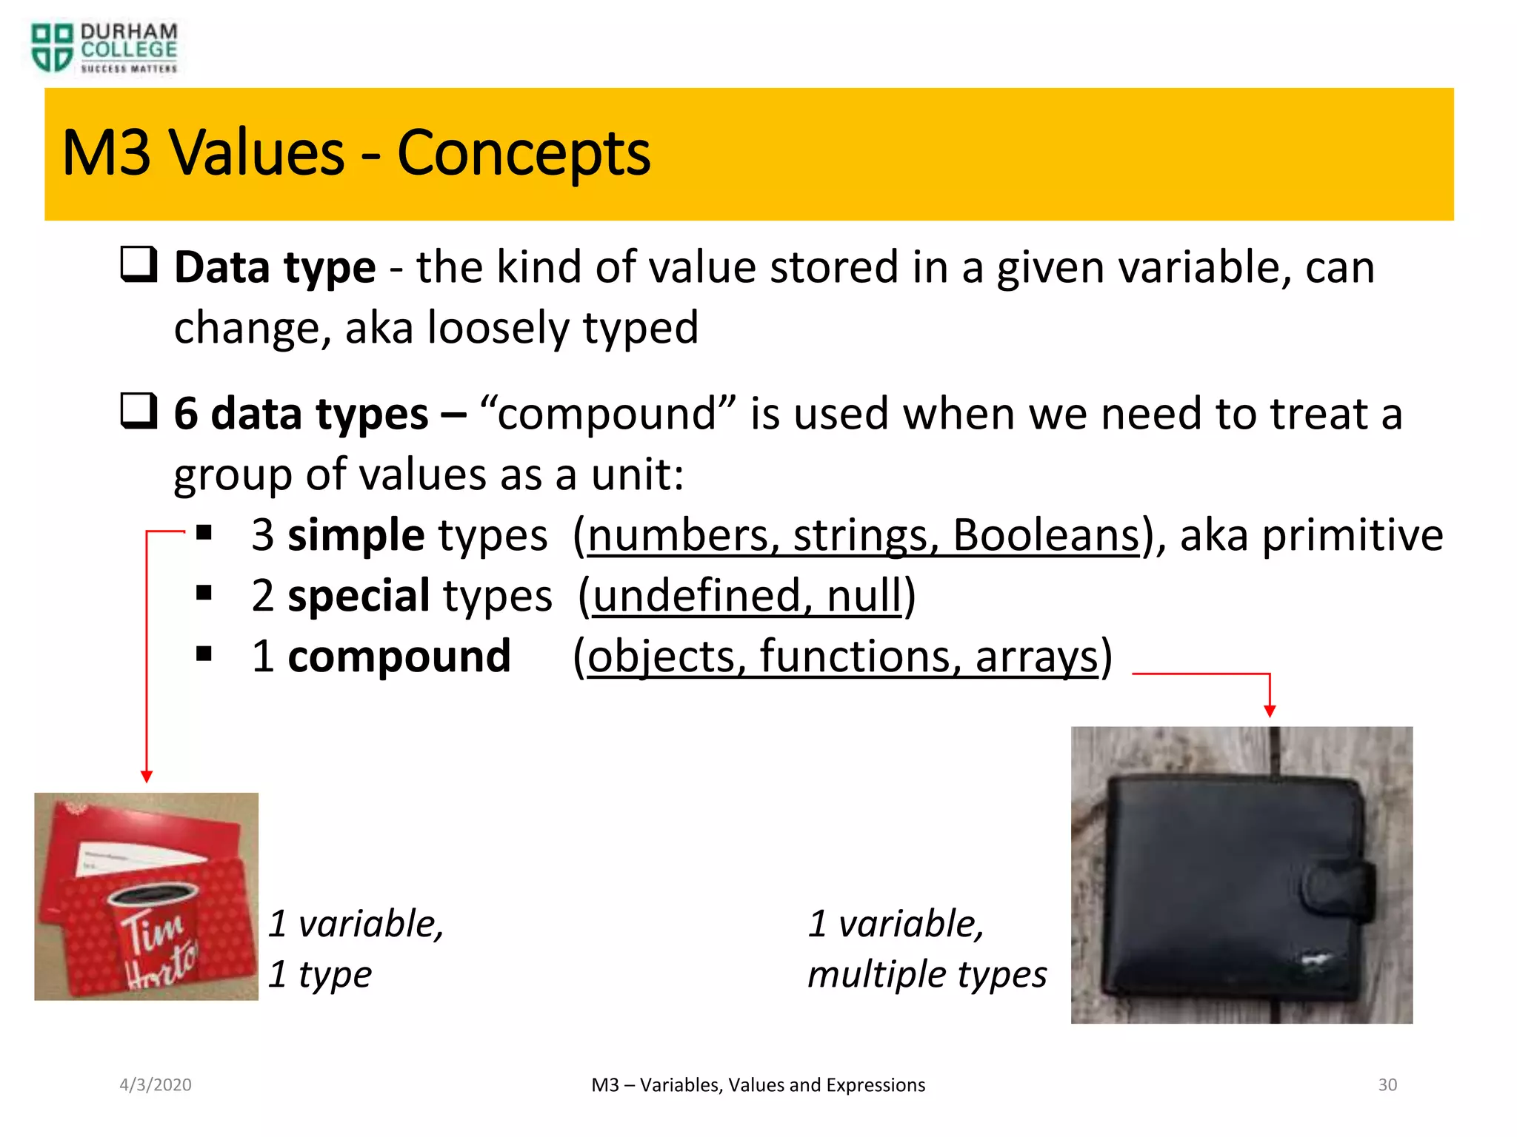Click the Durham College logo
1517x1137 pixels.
pos(104,48)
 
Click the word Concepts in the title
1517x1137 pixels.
pos(523,153)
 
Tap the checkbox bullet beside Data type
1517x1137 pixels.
pos(139,264)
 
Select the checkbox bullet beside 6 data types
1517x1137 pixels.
pos(139,411)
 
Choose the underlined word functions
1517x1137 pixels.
pos(856,656)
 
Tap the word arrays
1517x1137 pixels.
pos(1036,656)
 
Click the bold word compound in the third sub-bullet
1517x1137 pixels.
pos(399,656)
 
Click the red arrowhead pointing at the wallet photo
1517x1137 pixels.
pos(1270,711)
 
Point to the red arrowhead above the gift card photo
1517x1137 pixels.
pos(147,777)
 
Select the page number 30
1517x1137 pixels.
pos(1387,1085)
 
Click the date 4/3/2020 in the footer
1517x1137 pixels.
pos(156,1085)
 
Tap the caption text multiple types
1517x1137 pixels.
pos(927,974)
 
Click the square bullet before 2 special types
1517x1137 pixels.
pos(204,593)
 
